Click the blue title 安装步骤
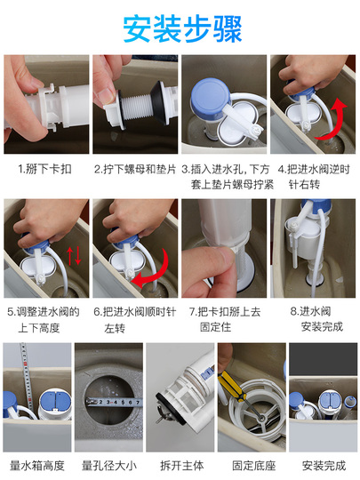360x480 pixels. click(x=182, y=29)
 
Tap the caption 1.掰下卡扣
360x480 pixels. click(x=44, y=169)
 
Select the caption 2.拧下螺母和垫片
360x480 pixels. click(x=135, y=169)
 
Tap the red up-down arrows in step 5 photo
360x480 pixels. click(x=74, y=256)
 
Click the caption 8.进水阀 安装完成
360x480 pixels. click(x=316, y=319)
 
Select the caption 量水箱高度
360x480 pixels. click(x=37, y=466)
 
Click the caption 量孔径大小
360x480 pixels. click(x=109, y=466)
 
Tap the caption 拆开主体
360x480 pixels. click(x=181, y=466)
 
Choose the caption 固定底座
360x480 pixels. click(x=253, y=466)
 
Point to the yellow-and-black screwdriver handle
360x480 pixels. click(x=232, y=386)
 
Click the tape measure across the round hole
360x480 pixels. click(x=114, y=402)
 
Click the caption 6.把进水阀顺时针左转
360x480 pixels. click(x=135, y=320)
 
